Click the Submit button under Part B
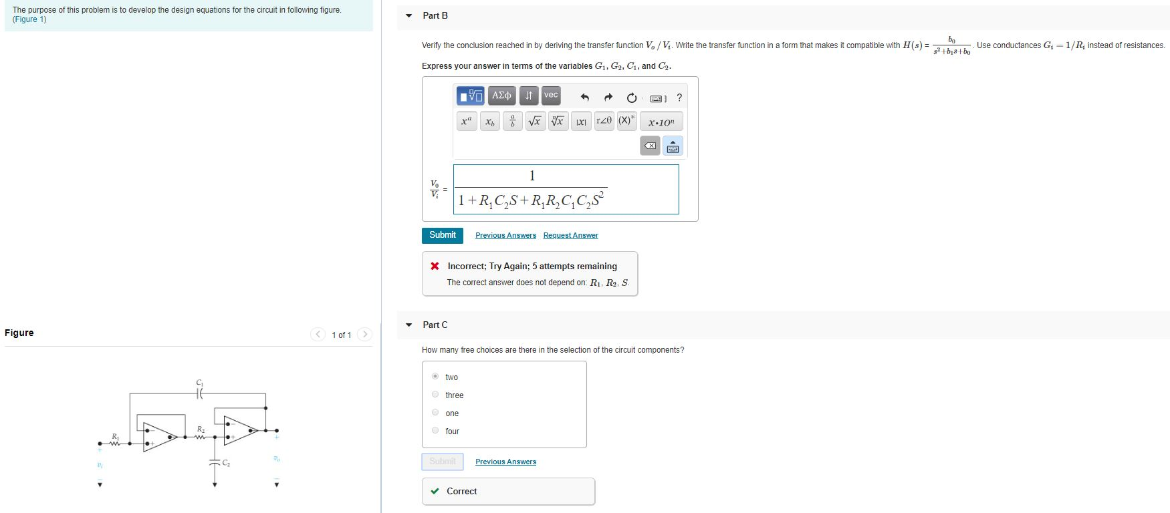[x=442, y=235]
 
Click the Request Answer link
[x=570, y=236]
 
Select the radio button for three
[x=435, y=395]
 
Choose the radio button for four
[x=435, y=431]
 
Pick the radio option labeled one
[x=435, y=413]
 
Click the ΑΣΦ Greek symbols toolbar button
[x=501, y=96]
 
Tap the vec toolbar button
[x=550, y=96]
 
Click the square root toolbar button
[x=535, y=122]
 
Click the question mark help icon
[x=679, y=98]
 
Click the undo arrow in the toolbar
[x=584, y=98]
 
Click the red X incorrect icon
[x=435, y=267]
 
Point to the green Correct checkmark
[x=435, y=492]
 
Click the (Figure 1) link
[x=29, y=19]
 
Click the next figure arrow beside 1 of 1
[x=364, y=335]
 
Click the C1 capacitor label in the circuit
[x=199, y=383]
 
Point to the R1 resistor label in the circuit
[x=115, y=436]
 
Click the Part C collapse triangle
[x=409, y=325]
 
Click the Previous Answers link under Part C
[x=505, y=462]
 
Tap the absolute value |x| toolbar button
[x=581, y=122]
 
